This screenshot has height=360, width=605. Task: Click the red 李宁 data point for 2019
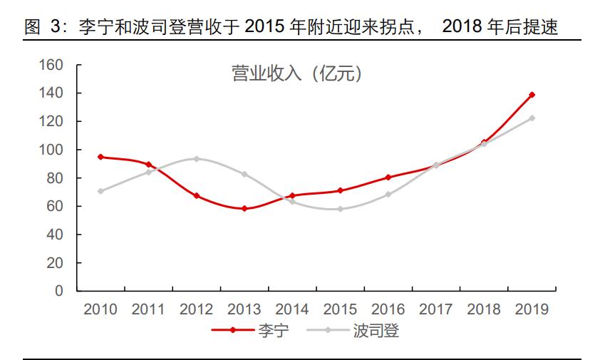point(532,95)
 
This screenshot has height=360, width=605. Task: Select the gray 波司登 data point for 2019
point(532,118)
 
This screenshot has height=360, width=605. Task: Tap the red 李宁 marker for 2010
point(100,157)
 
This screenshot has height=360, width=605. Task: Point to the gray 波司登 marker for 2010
point(100,191)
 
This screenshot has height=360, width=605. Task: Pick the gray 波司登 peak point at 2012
point(196,159)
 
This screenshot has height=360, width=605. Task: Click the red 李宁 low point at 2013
point(244,209)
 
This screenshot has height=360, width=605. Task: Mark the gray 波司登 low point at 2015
point(340,209)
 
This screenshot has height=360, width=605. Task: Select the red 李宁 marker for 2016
point(388,178)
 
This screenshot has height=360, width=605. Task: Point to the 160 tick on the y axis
point(51,66)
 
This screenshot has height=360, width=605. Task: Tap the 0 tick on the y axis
point(59,291)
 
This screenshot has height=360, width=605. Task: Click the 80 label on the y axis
point(55,178)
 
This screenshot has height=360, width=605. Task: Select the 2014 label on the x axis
point(291,309)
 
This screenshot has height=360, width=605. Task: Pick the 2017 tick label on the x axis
point(435,309)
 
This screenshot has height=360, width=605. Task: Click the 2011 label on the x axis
point(148,309)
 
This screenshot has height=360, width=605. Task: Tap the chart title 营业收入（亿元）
point(296,73)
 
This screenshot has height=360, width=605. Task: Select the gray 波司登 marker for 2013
point(244,174)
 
